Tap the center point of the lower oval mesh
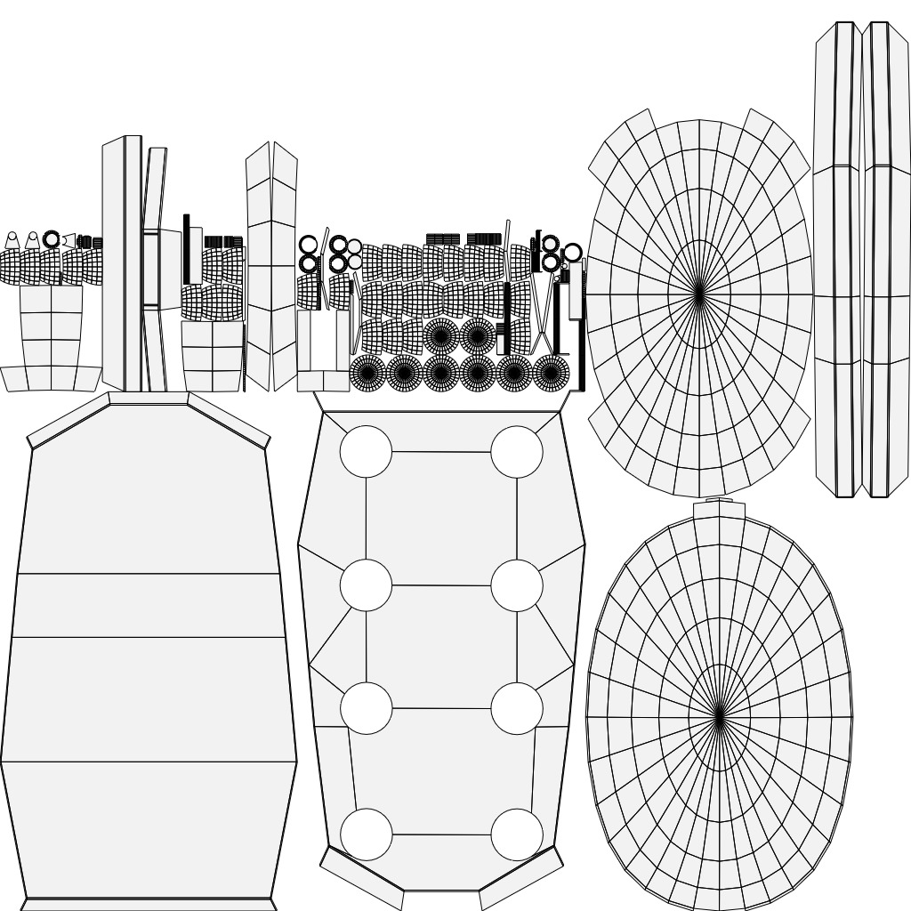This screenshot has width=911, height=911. [x=719, y=716]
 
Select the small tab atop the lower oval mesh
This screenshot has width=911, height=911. [x=719, y=501]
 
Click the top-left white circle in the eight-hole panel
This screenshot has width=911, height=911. [x=366, y=451]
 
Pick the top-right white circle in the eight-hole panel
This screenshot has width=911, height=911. [x=517, y=451]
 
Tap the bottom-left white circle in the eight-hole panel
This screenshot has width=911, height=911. [x=366, y=834]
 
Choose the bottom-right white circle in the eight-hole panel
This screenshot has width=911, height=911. [x=517, y=834]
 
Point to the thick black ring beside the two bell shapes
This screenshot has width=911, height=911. [x=52, y=239]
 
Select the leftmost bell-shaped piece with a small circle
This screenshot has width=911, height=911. [x=12, y=241]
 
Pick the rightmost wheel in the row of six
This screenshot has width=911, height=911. [x=552, y=373]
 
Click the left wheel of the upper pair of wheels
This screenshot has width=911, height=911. [x=440, y=335]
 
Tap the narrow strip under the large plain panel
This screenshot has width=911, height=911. [x=149, y=904]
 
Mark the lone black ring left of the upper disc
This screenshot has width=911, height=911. [x=572, y=253]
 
